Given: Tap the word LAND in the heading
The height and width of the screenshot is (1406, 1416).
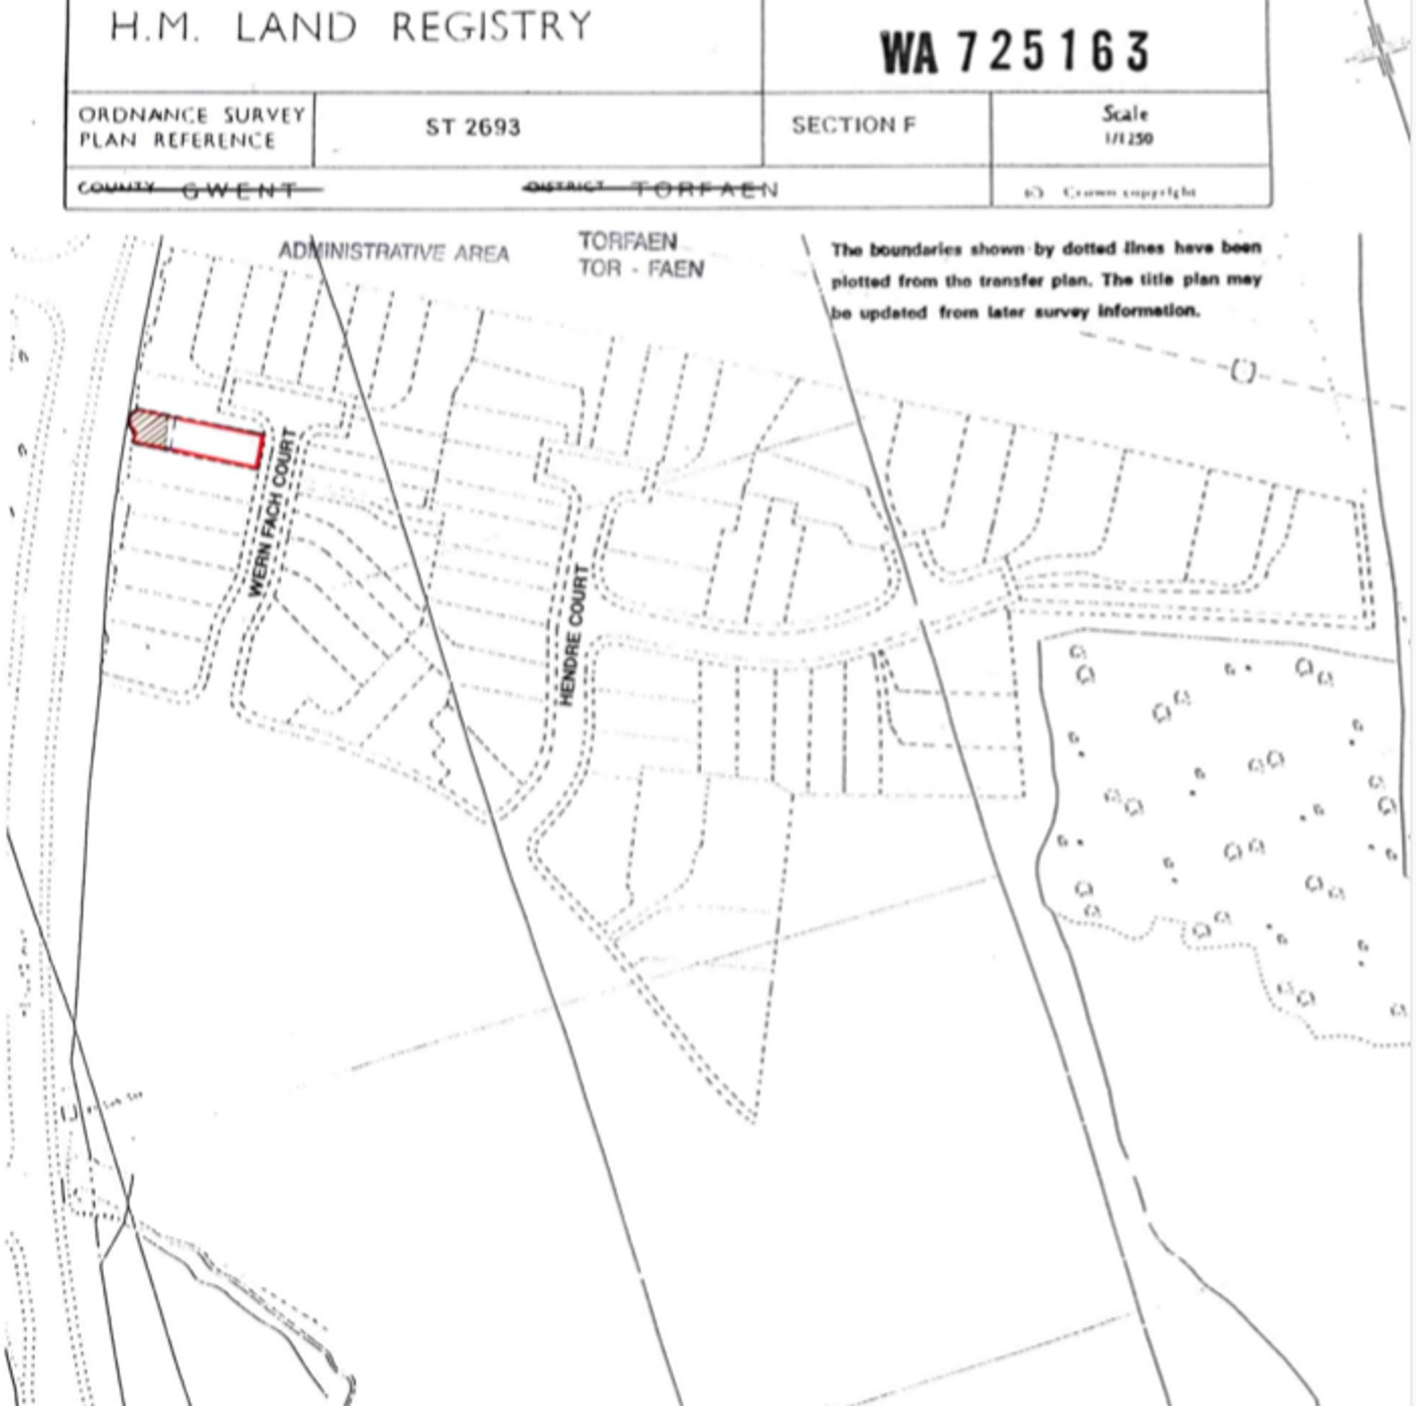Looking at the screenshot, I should pyautogui.click(x=295, y=28).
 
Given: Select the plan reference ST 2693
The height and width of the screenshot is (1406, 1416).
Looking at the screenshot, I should pyautogui.click(x=473, y=127).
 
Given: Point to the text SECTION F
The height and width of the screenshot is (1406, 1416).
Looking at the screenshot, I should pyautogui.click(x=853, y=125).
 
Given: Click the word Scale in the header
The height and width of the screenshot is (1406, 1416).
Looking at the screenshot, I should pyautogui.click(x=1125, y=115).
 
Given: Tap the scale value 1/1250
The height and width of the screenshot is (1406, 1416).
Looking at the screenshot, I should pyautogui.click(x=1129, y=139).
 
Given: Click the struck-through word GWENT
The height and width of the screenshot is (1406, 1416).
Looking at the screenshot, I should pyautogui.click(x=241, y=190).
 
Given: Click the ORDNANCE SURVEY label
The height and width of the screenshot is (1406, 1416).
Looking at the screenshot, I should pyautogui.click(x=191, y=116).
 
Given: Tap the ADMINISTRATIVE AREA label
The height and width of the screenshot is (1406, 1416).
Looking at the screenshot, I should pyautogui.click(x=394, y=253).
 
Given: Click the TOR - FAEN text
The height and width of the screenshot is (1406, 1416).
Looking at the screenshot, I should pyautogui.click(x=641, y=269).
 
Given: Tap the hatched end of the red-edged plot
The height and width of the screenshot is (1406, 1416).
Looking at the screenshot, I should pyautogui.click(x=150, y=428).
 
